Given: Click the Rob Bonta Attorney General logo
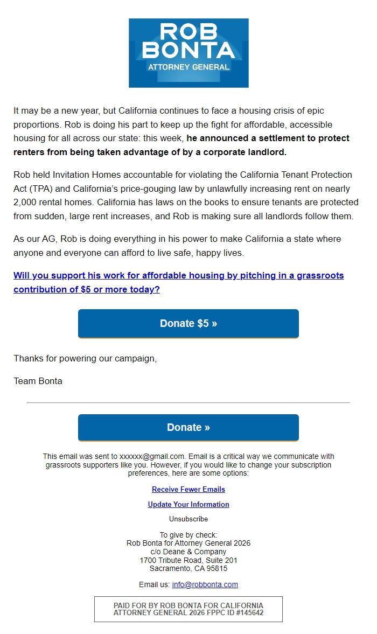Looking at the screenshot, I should [x=188, y=53].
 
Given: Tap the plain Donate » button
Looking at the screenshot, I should [x=188, y=427].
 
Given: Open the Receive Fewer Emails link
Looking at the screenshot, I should [x=188, y=489].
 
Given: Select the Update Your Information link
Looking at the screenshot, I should [x=188, y=504].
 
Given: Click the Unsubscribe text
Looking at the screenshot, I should [x=188, y=519].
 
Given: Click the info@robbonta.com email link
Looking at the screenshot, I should [x=205, y=584].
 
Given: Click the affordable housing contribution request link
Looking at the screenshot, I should [x=178, y=282].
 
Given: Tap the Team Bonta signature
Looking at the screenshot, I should [x=38, y=381].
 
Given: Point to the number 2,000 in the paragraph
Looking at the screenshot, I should [x=25, y=203].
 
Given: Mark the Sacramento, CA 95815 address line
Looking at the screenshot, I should [x=188, y=568].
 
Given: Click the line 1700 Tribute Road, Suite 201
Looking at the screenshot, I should [x=188, y=560].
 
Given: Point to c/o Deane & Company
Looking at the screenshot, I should [x=188, y=552].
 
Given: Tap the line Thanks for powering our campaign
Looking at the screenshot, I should [x=85, y=358].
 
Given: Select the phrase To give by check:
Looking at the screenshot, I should [x=188, y=535].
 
